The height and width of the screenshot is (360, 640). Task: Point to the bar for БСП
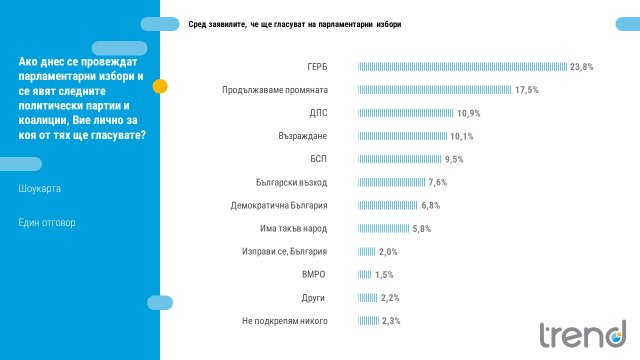[399, 159]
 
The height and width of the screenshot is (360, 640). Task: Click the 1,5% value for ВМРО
[384, 274]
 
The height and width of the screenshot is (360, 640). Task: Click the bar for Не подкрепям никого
[368, 320]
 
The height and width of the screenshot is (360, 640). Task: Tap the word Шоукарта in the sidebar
[40, 187]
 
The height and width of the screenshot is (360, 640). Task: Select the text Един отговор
[46, 222]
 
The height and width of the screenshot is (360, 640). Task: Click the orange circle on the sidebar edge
[160, 86]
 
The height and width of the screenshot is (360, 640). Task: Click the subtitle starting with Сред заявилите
[295, 24]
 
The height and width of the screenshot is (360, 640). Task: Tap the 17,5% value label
[527, 90]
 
